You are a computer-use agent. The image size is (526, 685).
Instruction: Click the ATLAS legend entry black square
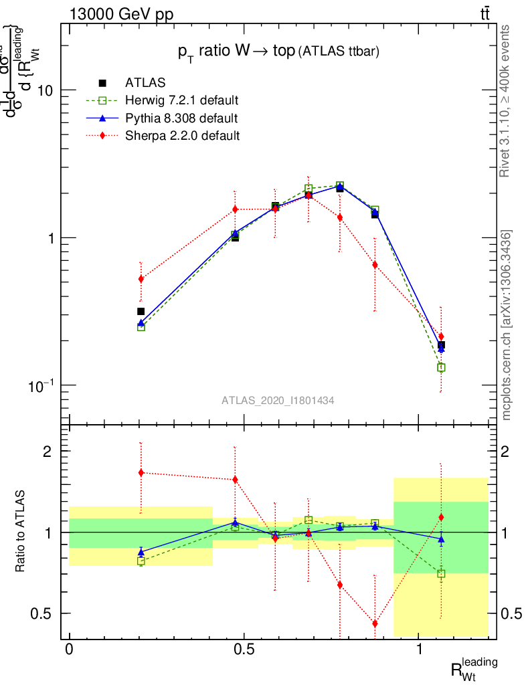tap(103, 83)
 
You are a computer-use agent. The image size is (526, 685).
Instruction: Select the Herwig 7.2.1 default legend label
tap(182, 101)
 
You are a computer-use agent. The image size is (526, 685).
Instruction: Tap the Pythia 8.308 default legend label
tap(181, 118)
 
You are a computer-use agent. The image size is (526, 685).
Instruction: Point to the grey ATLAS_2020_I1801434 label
tap(278, 400)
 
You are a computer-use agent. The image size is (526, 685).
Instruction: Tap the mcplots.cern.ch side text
tap(507, 326)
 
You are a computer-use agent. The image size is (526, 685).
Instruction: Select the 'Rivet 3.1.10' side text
tap(506, 101)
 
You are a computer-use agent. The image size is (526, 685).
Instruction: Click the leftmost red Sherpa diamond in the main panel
tap(141, 279)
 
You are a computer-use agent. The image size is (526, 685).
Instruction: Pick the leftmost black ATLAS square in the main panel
tap(141, 311)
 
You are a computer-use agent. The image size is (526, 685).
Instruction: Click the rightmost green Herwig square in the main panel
tap(441, 367)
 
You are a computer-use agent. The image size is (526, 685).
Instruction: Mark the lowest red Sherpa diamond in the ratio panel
tap(375, 623)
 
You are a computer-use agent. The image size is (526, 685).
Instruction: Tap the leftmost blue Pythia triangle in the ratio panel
tap(141, 552)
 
